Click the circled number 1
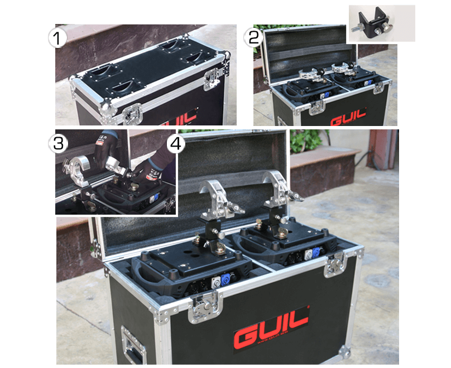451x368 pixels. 57,38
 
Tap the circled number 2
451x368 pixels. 255,37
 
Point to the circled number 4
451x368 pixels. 176,143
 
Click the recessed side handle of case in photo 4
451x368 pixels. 133,343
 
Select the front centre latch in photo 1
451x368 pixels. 131,114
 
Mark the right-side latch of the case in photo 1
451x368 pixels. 212,79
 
